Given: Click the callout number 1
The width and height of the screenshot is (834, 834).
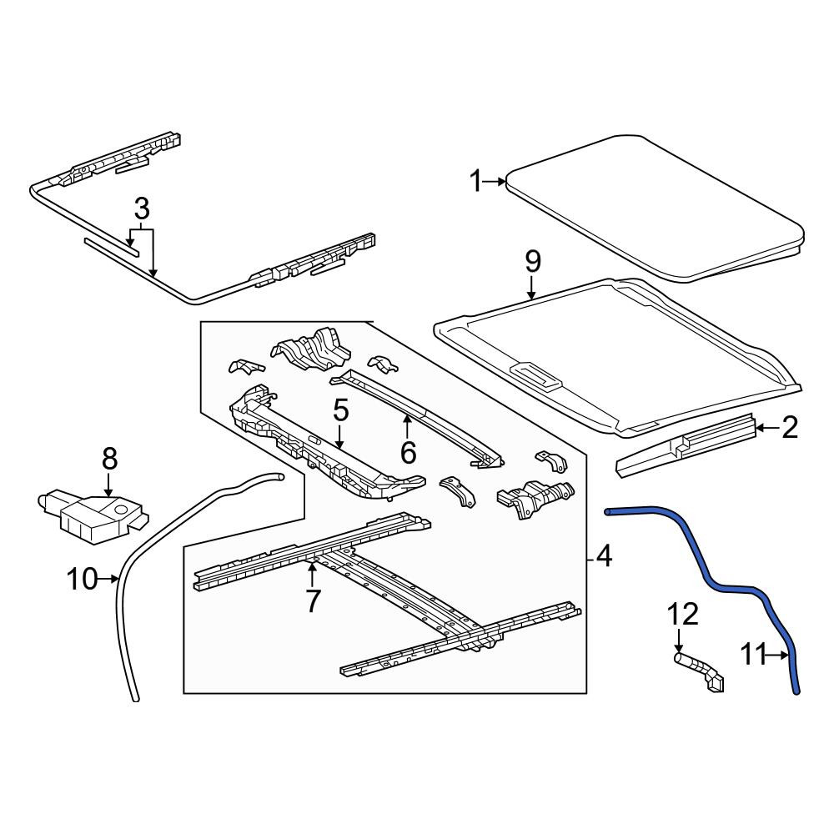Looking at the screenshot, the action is [475, 181].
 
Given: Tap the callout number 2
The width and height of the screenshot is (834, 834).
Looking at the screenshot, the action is [790, 427].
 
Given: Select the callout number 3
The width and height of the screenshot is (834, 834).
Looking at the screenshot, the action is [142, 209].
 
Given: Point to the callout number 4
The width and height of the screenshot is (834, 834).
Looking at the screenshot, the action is [604, 556].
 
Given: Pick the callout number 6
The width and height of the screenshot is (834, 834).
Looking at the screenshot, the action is [408, 452].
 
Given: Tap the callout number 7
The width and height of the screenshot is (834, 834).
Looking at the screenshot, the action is [312, 601].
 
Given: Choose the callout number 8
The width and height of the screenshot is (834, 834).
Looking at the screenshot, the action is [109, 459].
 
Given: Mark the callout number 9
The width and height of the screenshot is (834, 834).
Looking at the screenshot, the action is [532, 262].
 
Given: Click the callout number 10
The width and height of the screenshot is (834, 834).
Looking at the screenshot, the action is [83, 579].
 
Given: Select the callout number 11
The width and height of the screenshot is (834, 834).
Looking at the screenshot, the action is [754, 655].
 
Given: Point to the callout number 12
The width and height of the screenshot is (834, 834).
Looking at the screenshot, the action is [683, 615].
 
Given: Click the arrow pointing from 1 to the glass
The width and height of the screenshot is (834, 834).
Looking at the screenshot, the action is [494, 182].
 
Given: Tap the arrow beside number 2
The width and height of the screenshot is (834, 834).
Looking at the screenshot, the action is [768, 427].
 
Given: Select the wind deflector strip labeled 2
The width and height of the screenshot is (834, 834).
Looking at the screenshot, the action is [686, 445].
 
